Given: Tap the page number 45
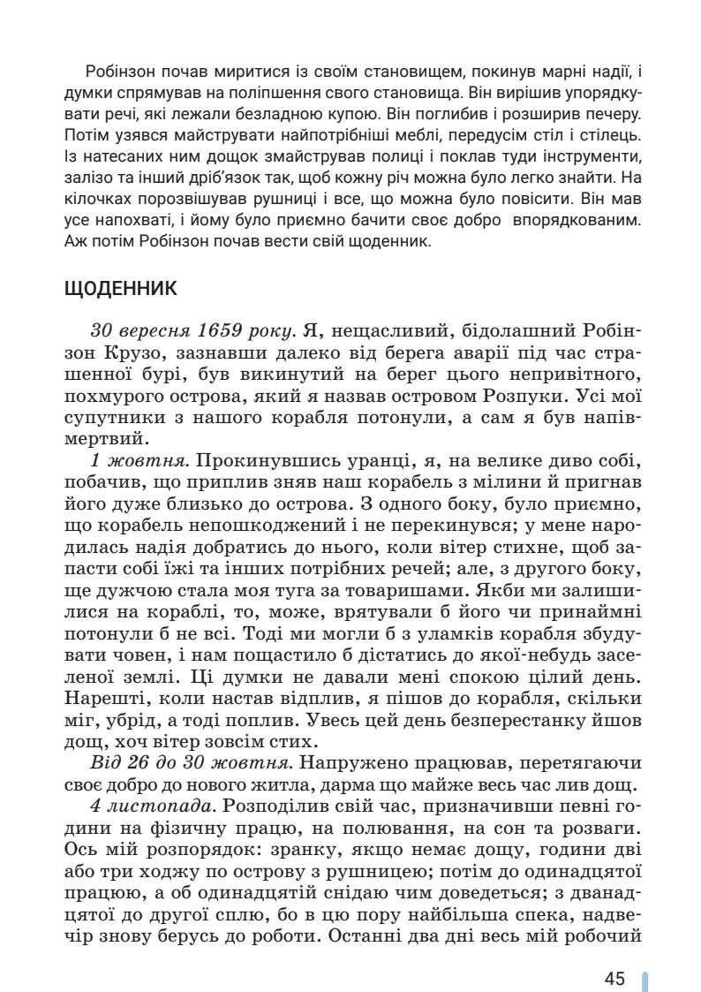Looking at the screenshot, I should [615, 954].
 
